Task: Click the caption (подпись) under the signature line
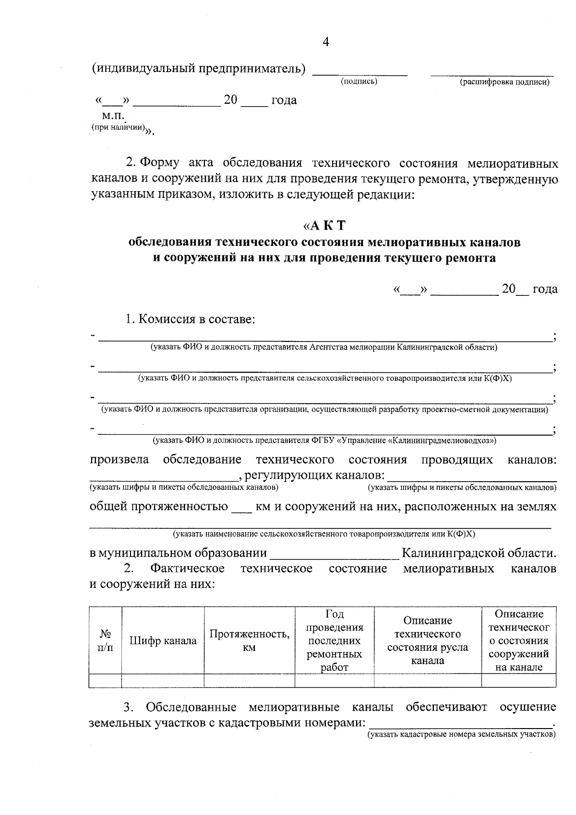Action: click(359, 82)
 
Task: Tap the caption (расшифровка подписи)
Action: click(504, 82)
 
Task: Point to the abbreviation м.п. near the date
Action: click(113, 116)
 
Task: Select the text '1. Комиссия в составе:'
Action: click(190, 319)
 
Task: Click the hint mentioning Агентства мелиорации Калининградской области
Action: click(324, 347)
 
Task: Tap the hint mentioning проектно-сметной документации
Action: click(324, 410)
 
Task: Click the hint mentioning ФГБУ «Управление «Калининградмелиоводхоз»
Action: click(324, 440)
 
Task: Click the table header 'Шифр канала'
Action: click(163, 641)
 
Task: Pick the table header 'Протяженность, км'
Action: click(249, 641)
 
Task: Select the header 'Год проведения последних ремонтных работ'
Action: click(334, 641)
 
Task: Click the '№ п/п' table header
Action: click(105, 641)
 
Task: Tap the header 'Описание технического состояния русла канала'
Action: click(427, 641)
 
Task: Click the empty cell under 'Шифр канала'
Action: click(163, 681)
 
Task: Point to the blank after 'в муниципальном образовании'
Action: click(334, 554)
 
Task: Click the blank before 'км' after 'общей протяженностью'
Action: click(241, 508)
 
